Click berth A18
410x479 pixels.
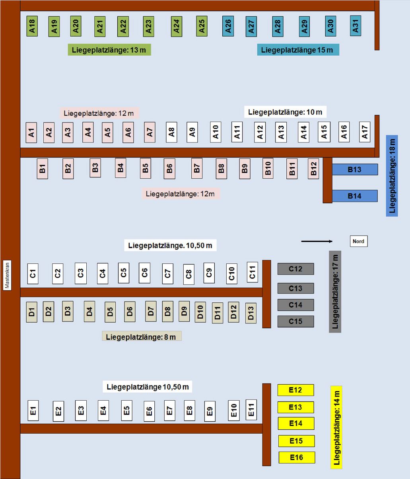click(x=32, y=26)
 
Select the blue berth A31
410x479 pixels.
click(x=356, y=26)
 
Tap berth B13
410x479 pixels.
click(x=354, y=169)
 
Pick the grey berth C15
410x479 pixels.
click(x=295, y=321)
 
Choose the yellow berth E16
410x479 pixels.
click(x=297, y=458)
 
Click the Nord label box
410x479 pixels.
click(x=358, y=241)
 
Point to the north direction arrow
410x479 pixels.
click(x=317, y=241)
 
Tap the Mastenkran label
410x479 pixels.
click(x=7, y=275)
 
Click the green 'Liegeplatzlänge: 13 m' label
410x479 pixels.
click(x=109, y=50)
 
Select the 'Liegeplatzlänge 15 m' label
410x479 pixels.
click(x=298, y=50)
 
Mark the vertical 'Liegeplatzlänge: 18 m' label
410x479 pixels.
click(x=392, y=176)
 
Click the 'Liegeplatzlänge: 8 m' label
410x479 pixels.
click(x=142, y=337)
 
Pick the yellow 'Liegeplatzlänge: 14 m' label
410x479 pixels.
click(x=336, y=428)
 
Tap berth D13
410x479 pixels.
click(x=251, y=313)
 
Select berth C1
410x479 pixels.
click(x=33, y=274)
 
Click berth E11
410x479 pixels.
click(x=251, y=409)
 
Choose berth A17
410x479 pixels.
click(x=365, y=132)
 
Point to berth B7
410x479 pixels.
click(x=196, y=168)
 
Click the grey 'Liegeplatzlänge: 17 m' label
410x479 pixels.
click(x=335, y=292)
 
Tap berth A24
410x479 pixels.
click(x=177, y=26)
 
